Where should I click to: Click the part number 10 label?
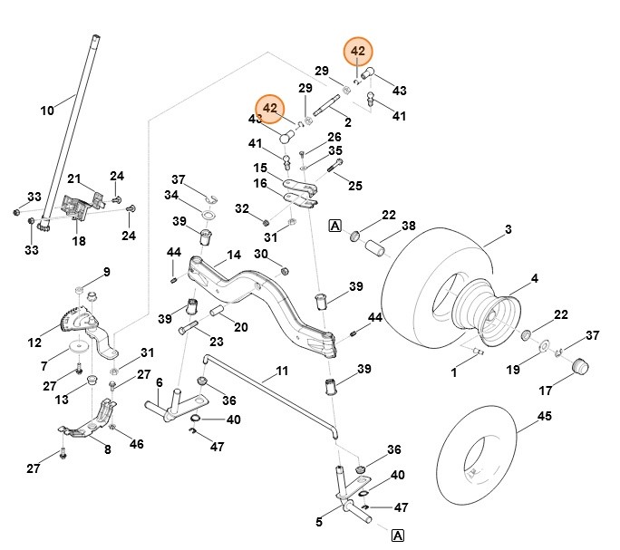(x=47, y=111)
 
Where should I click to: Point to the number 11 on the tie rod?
(x=282, y=371)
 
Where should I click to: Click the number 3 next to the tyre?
(x=508, y=230)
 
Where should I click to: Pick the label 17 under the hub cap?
(x=546, y=391)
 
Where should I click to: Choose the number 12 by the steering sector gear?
(x=35, y=343)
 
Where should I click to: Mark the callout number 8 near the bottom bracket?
(x=107, y=450)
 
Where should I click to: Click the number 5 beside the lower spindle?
(x=319, y=522)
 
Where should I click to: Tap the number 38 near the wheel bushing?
(x=409, y=226)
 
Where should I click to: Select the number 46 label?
(x=137, y=444)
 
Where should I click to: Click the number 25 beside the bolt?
(x=354, y=186)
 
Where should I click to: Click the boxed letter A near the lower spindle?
(x=397, y=536)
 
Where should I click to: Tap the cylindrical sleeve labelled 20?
(x=218, y=312)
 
